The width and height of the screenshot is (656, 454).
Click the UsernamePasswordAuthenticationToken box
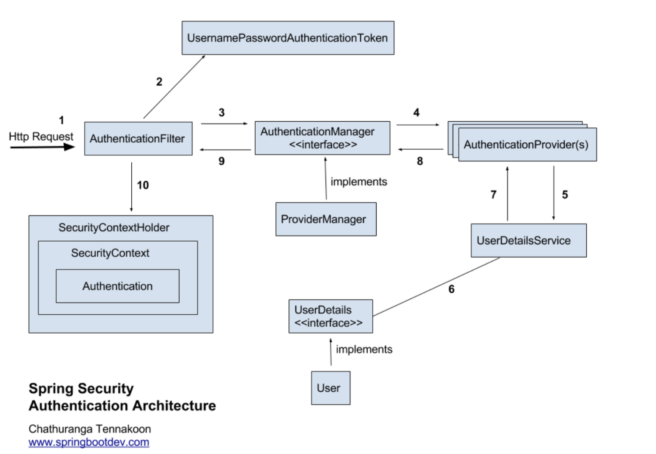[x=288, y=38]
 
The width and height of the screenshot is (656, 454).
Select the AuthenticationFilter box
[x=138, y=138]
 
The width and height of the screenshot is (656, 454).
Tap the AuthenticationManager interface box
[x=322, y=138]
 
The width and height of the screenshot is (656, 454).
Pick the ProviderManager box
[x=325, y=219]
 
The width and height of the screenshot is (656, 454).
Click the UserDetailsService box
[x=528, y=240]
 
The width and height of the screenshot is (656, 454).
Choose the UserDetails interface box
[x=330, y=316]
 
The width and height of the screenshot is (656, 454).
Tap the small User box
[x=330, y=388]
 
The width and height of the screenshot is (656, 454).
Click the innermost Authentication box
[x=117, y=286]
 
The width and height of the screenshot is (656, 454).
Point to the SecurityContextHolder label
[x=114, y=227]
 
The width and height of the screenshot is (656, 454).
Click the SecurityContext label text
[x=110, y=253]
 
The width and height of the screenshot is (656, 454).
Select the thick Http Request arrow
[x=42, y=147]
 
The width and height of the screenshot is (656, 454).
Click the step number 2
[x=159, y=82]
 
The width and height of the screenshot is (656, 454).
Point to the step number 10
[x=143, y=185]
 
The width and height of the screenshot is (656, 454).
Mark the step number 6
[x=451, y=289]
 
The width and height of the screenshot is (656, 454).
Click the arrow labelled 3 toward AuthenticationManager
[x=224, y=124]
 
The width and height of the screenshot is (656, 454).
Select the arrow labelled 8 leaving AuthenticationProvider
[x=421, y=150]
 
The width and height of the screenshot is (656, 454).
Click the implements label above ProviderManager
[x=359, y=182]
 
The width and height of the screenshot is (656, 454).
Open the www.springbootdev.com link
[x=89, y=442]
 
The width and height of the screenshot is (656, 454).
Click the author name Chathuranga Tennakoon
[x=90, y=429]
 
